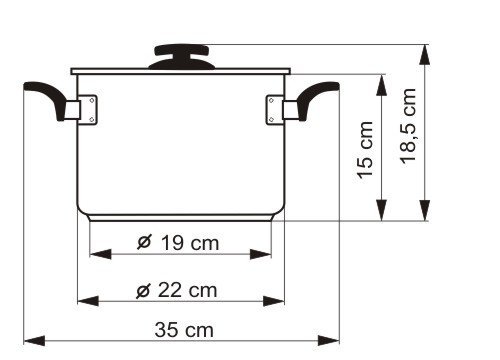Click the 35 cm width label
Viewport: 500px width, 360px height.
tap(184, 330)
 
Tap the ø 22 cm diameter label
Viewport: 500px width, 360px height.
tap(177, 290)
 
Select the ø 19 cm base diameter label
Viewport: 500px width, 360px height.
tap(178, 242)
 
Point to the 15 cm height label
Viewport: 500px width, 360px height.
tap(365, 150)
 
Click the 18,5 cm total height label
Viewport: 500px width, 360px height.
tap(408, 126)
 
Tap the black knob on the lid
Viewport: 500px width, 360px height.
tap(182, 57)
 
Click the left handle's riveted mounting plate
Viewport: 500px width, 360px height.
tap(89, 110)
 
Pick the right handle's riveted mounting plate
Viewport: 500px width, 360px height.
tap(275, 110)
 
